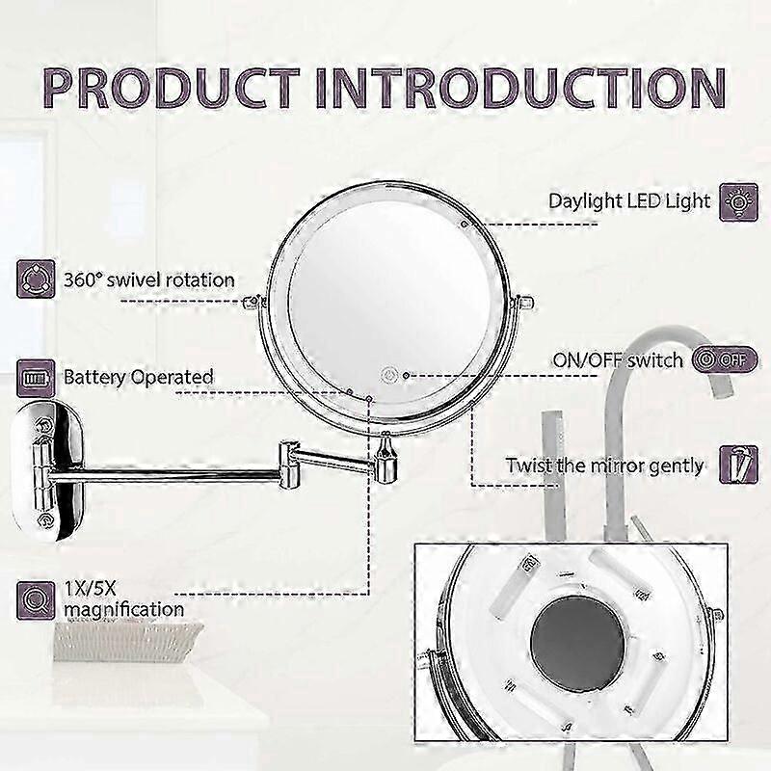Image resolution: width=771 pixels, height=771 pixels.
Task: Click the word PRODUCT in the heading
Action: (172, 88)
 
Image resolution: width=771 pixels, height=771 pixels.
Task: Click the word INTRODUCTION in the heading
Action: (520, 88)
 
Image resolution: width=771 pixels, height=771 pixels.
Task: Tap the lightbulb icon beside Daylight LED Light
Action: (738, 202)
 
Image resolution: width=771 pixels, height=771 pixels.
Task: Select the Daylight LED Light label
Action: (629, 201)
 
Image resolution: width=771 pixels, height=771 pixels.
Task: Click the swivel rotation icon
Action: (36, 279)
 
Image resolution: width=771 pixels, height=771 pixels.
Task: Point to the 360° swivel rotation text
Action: (149, 280)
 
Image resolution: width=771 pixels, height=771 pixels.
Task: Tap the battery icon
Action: (36, 378)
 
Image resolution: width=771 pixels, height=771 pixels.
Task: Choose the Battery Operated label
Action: (139, 378)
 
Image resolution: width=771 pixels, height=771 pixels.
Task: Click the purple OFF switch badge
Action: (725, 359)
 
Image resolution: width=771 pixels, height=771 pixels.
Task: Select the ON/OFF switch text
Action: (618, 360)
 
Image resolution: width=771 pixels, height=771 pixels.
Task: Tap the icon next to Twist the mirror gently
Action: (738, 465)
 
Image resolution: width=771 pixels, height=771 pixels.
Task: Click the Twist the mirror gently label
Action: (605, 465)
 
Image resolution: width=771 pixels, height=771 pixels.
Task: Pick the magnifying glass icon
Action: (36, 600)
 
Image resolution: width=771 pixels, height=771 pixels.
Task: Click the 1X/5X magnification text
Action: (124, 598)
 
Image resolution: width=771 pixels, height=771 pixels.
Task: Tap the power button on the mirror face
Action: (389, 376)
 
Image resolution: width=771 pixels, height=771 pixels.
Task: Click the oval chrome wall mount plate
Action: (47, 470)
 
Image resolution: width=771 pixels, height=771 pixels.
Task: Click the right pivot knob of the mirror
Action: (524, 302)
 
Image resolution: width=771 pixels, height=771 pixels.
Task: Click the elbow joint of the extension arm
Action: (288, 465)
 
